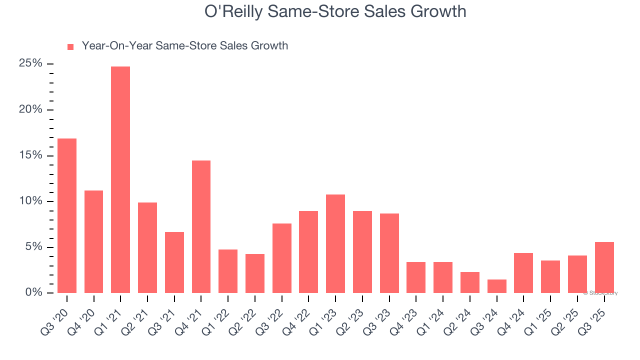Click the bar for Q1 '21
coord(120,180)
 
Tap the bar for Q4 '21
coord(201,227)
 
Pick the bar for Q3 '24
coord(496,286)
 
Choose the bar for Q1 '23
coord(335,244)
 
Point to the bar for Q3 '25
coord(604,268)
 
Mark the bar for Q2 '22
coord(255,273)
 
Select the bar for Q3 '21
coord(174,262)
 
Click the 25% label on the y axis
coord(30,63)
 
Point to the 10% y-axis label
coord(30,201)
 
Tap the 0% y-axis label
coord(33,292)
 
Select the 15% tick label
coord(30,155)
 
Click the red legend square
coord(70,47)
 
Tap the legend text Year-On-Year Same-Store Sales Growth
coord(185,46)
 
